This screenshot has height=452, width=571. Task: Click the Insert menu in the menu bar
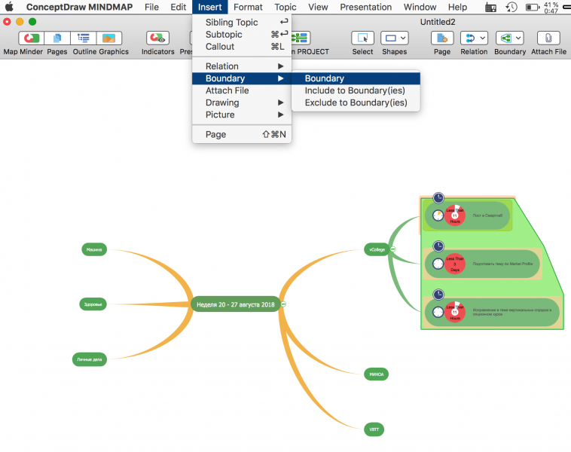(210, 7)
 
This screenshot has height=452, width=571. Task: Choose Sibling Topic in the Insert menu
(231, 23)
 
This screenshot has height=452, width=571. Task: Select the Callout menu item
(220, 47)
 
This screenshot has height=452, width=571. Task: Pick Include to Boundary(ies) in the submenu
(355, 90)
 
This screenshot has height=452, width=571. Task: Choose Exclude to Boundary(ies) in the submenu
(356, 102)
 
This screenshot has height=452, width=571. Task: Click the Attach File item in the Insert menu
(227, 90)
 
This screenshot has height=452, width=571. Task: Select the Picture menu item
(220, 115)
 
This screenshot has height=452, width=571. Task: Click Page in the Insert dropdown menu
(215, 134)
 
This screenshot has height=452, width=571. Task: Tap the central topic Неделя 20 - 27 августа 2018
(236, 304)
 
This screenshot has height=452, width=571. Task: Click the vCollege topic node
(376, 249)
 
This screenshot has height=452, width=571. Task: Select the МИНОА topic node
(376, 374)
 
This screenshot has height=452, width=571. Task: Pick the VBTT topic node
(374, 429)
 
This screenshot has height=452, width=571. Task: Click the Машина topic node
(94, 249)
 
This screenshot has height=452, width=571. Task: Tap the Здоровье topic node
(93, 304)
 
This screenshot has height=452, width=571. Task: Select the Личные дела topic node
(89, 359)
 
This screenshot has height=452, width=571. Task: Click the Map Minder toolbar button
(24, 42)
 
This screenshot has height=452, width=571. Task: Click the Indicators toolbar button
(158, 42)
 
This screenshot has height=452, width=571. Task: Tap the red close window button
(8, 22)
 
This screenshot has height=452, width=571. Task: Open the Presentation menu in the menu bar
(365, 7)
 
